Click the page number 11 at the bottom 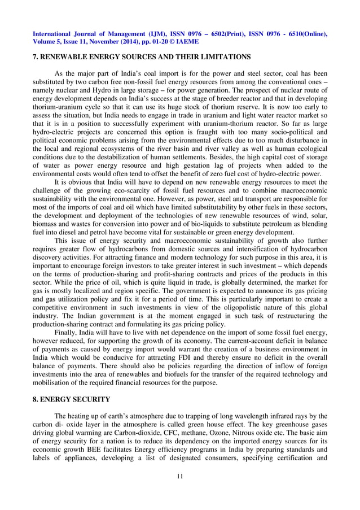tap(179, 476)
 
